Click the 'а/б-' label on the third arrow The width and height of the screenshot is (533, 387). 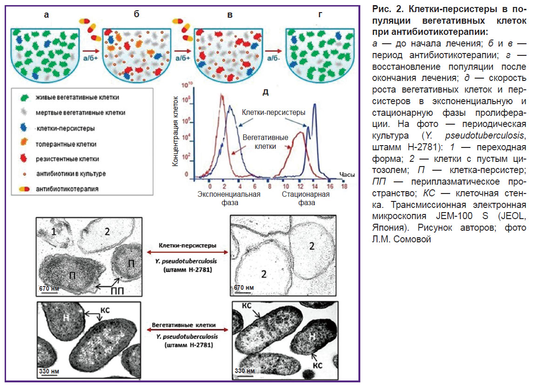pos(275,58)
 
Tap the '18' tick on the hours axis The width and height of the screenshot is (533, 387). pos(344,185)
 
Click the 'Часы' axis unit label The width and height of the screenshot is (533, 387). pos(347,175)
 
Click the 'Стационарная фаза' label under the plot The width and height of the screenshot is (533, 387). pos(305,198)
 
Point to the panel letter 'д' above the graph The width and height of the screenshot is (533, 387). pos(265,92)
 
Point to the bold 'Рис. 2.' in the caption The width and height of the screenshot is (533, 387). pos(385,9)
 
